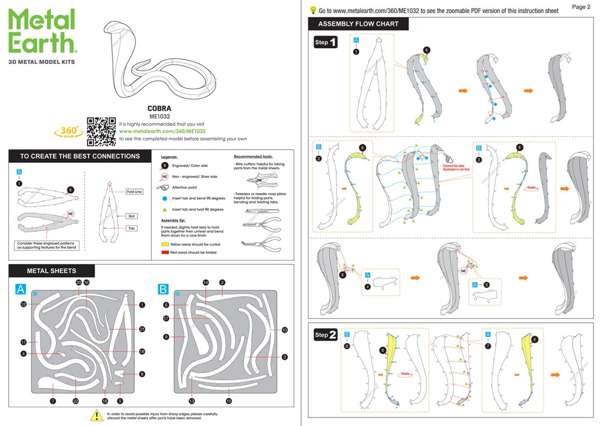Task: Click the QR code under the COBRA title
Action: click(x=101, y=131)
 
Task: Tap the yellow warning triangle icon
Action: click(x=96, y=415)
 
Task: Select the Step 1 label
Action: click(x=326, y=43)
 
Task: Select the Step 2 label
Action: click(x=326, y=334)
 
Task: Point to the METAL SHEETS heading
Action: click(x=52, y=271)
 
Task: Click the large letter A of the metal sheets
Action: click(x=20, y=290)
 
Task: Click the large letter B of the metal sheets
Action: click(x=163, y=290)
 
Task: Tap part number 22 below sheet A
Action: click(x=75, y=401)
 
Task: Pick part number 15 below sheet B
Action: click(x=229, y=401)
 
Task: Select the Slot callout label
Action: click(x=132, y=216)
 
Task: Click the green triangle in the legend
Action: click(x=165, y=209)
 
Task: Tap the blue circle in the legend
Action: click(x=165, y=198)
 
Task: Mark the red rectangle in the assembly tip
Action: click(x=165, y=252)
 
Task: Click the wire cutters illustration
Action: click(x=263, y=178)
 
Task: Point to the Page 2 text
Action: click(x=580, y=7)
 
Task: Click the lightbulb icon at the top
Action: click(x=313, y=10)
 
